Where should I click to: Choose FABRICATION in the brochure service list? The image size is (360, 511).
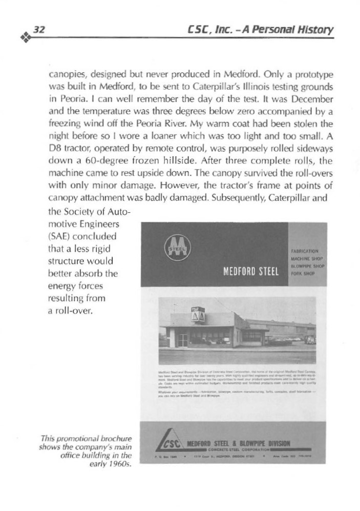pos(305,251)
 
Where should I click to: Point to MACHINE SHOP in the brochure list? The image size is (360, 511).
pos(305,259)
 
